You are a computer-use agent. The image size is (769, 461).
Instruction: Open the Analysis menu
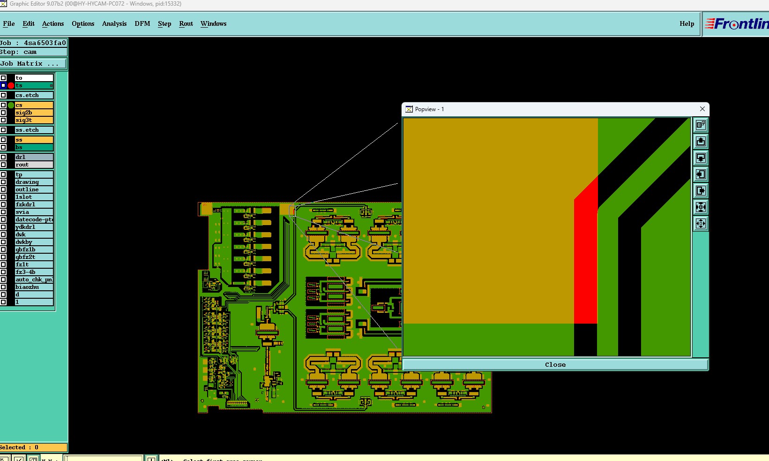pyautogui.click(x=114, y=23)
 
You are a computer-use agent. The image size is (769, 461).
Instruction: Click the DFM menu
pyautogui.click(x=142, y=23)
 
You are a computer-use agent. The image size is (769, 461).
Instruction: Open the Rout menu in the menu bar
pyautogui.click(x=186, y=23)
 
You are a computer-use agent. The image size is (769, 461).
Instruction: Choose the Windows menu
pyautogui.click(x=213, y=23)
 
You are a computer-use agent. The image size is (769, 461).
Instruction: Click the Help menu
pyautogui.click(x=687, y=23)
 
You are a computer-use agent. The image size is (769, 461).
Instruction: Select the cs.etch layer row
pyautogui.click(x=34, y=95)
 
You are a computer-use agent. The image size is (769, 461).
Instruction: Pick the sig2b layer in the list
pyautogui.click(x=34, y=113)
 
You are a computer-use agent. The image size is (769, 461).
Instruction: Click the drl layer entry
pyautogui.click(x=34, y=157)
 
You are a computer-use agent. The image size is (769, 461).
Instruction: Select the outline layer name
pyautogui.click(x=34, y=189)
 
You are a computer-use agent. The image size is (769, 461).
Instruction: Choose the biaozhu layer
pyautogui.click(x=34, y=287)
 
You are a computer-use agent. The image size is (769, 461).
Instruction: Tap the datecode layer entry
pyautogui.click(x=34, y=219)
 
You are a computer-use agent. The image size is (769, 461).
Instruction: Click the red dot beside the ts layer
pyautogui.click(x=11, y=85)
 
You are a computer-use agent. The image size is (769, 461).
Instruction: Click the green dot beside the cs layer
pyautogui.click(x=11, y=105)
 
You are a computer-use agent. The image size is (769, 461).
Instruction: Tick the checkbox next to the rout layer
pyautogui.click(x=3, y=165)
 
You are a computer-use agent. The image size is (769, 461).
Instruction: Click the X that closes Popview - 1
pyautogui.click(x=702, y=109)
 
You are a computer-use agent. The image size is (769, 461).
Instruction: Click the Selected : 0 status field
pyautogui.click(x=33, y=447)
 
